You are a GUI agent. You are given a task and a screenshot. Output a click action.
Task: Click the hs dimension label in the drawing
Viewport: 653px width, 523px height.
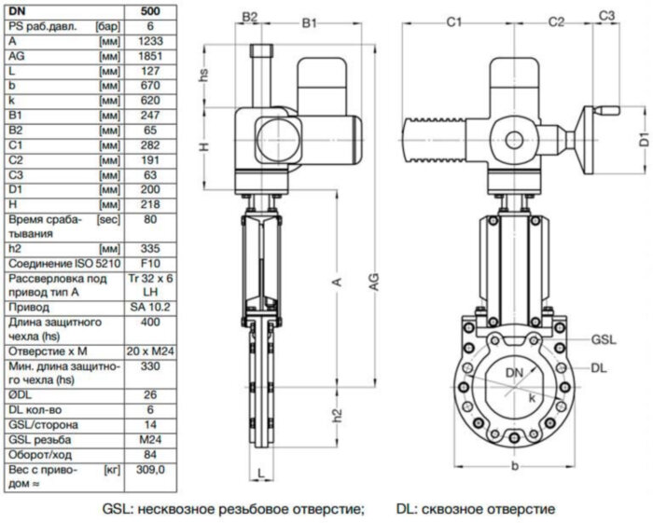pos(203,74)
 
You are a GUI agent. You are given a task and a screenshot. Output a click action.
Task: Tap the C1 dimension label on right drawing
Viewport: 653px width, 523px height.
pos(455,18)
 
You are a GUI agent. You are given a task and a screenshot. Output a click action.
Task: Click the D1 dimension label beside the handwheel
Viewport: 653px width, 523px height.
pos(643,140)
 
